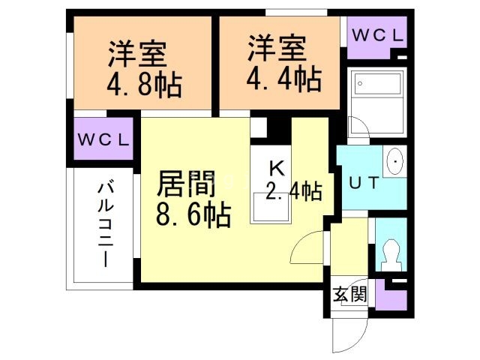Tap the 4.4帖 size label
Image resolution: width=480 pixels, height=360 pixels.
coord(283,77)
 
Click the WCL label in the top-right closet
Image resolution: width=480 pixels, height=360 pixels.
coord(378,35)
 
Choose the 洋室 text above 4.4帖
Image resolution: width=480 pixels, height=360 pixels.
coord(277,47)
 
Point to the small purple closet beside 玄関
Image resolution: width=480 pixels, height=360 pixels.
coord(390,295)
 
